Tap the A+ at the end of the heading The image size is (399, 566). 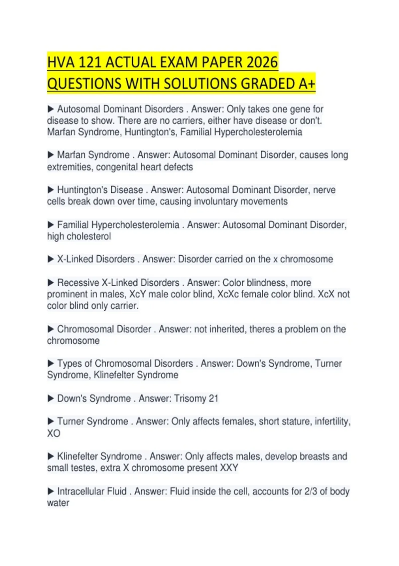click(x=307, y=84)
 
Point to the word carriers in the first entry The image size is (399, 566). click(x=187, y=121)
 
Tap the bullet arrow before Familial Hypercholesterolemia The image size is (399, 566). click(x=51, y=225)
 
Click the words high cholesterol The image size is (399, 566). click(x=79, y=236)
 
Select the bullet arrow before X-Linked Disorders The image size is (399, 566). click(x=51, y=259)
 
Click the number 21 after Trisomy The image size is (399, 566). click(x=213, y=399)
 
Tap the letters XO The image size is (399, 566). click(x=54, y=433)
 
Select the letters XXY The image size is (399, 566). click(x=229, y=468)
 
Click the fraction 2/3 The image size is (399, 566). click(x=311, y=491)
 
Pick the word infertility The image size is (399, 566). click(x=332, y=422)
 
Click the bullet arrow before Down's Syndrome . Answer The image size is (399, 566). click(x=51, y=399)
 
